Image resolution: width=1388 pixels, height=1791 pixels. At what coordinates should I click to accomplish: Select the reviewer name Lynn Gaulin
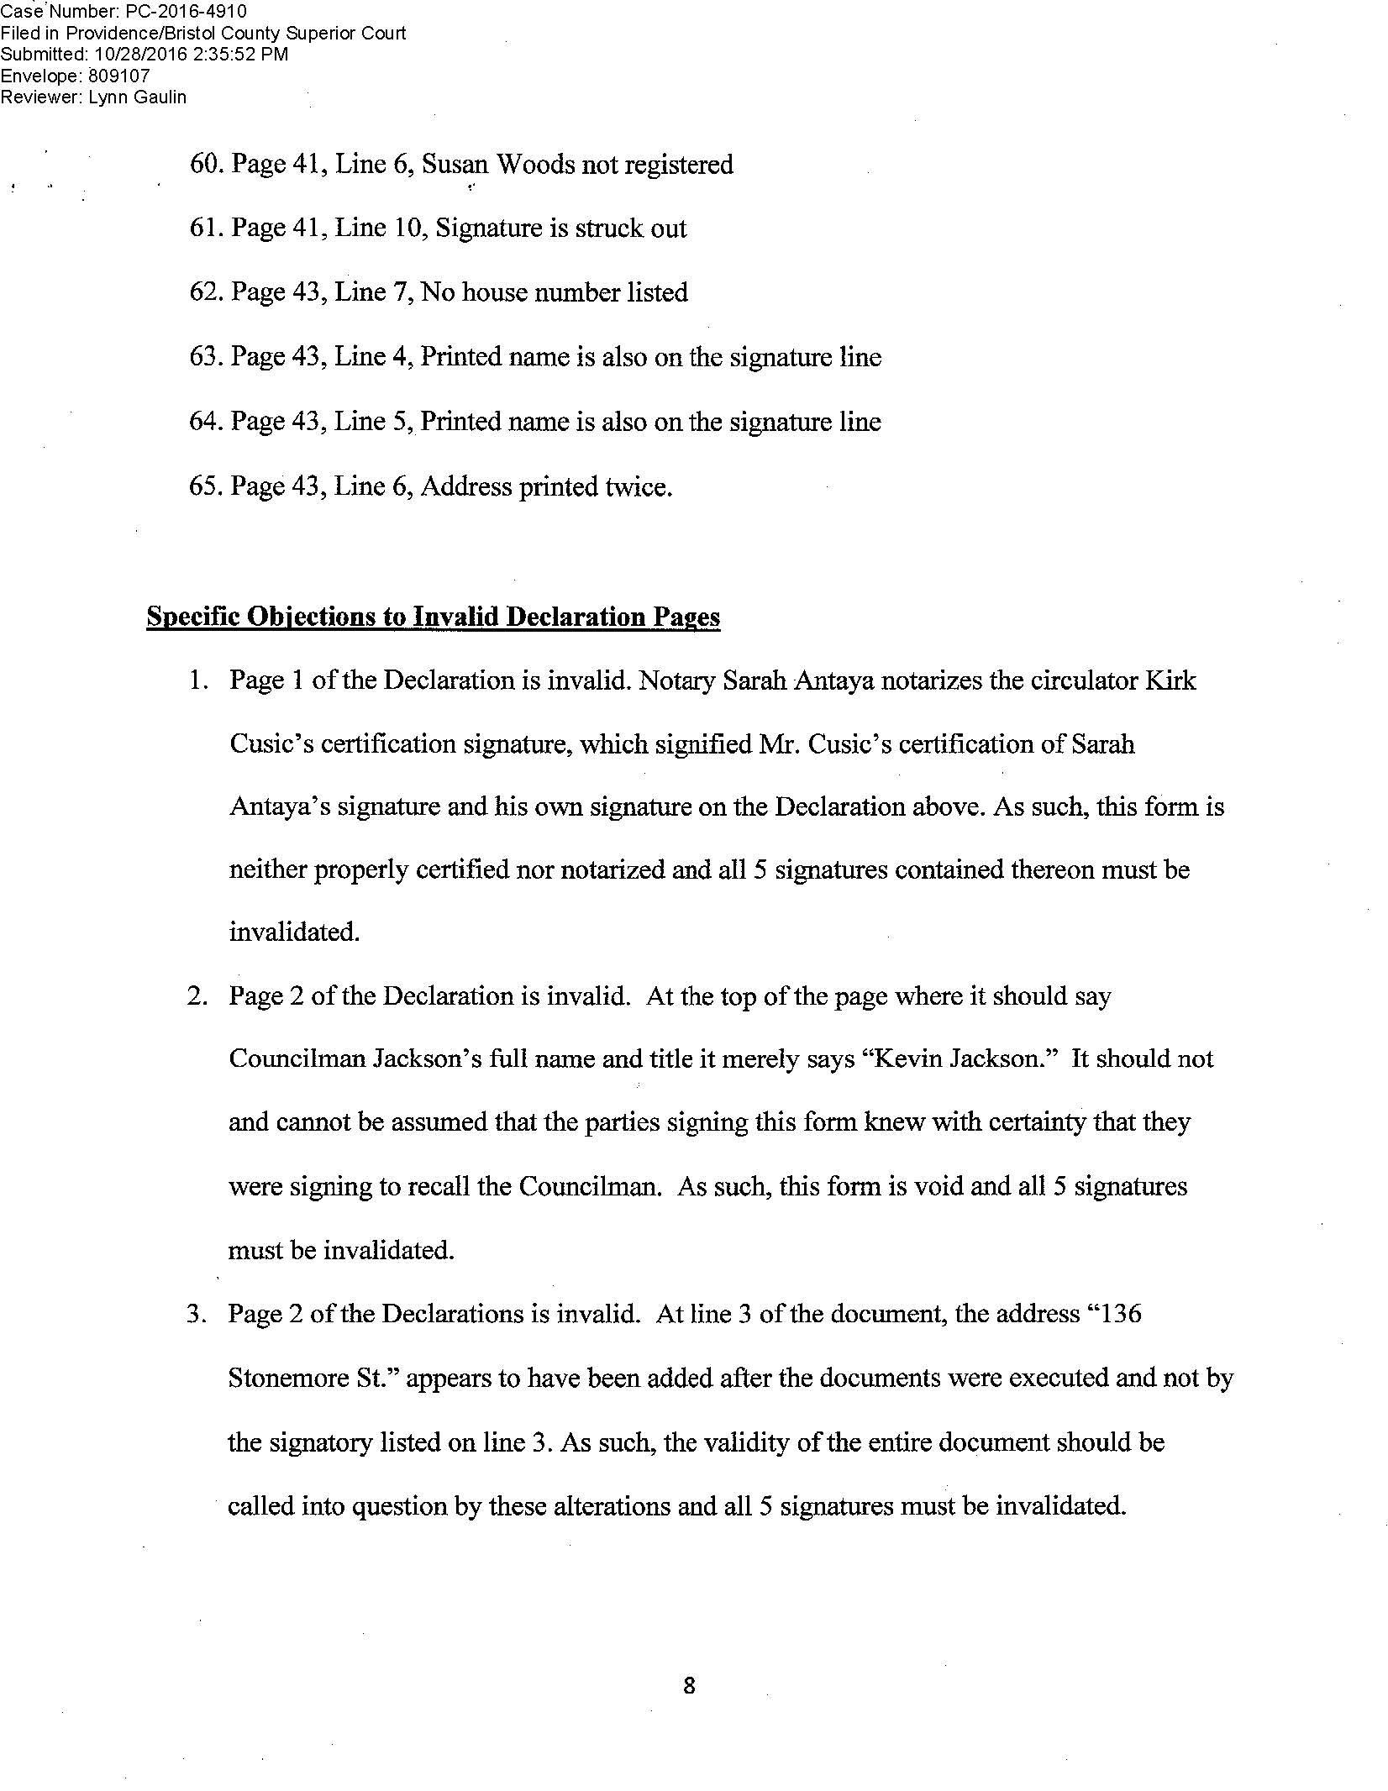pyautogui.click(x=137, y=97)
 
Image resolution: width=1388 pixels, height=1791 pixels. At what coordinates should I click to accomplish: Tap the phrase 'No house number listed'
pyautogui.click(x=555, y=292)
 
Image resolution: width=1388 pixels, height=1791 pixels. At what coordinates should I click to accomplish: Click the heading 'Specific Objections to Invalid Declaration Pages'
pyautogui.click(x=434, y=617)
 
